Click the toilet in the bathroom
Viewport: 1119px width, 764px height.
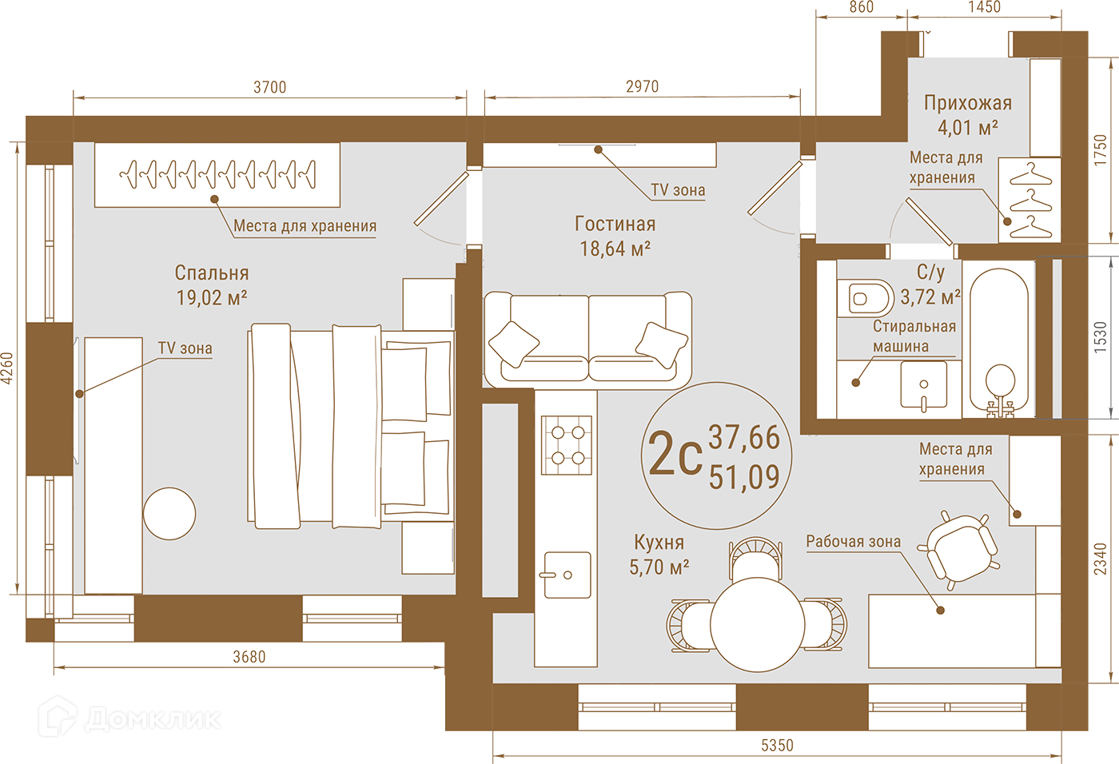point(865,298)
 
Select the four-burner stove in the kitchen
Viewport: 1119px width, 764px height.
point(567,445)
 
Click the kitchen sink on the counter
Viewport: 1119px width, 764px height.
point(567,575)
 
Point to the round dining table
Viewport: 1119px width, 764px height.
point(758,624)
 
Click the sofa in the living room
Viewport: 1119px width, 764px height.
point(588,340)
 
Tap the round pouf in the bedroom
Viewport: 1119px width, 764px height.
point(169,514)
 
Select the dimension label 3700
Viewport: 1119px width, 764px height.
point(270,87)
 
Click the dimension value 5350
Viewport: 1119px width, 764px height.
point(777,746)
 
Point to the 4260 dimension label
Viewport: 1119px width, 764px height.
point(7,368)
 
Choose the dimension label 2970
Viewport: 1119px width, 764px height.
point(643,87)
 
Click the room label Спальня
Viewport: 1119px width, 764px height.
point(211,273)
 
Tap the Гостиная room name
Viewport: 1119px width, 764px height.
point(615,224)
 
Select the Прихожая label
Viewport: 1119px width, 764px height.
point(968,103)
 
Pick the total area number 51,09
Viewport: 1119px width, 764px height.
point(744,477)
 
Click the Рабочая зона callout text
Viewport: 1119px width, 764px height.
point(854,542)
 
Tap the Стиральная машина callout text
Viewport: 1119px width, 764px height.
point(914,336)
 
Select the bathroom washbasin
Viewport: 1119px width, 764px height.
point(923,385)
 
